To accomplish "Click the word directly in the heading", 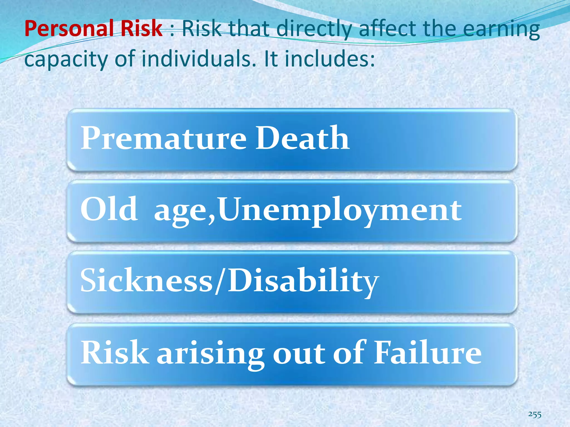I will [x=315, y=29].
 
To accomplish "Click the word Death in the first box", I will [x=302, y=138].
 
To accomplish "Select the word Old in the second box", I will [x=109, y=209].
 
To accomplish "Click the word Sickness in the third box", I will [x=146, y=280].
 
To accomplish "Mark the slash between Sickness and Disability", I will [x=220, y=280].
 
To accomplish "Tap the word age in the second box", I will [x=183, y=211].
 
